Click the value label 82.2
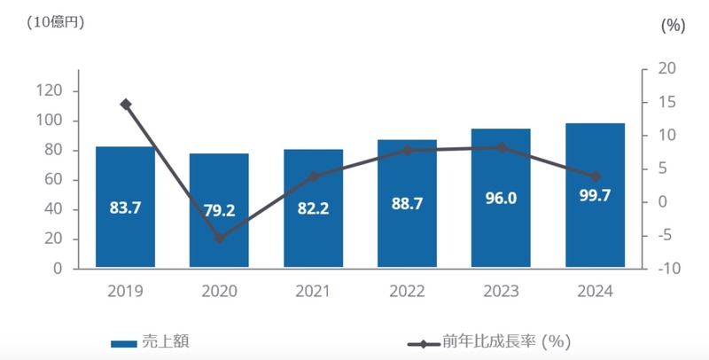point(313,209)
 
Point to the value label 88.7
point(407,203)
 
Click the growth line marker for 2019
point(126,105)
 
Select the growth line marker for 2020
point(220,239)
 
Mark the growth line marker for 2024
point(596,176)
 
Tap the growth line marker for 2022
point(408,151)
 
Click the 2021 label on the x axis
point(313,291)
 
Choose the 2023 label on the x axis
point(501,291)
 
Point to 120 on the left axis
point(51,91)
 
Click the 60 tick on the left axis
point(54,180)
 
